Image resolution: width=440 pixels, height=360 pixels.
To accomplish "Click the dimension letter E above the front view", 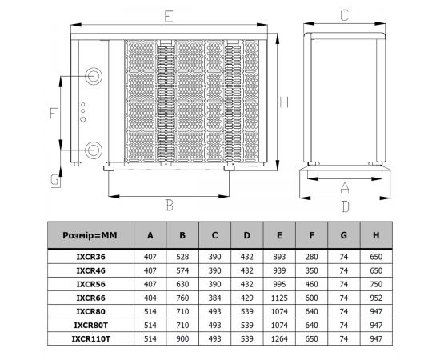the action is coord(168,17).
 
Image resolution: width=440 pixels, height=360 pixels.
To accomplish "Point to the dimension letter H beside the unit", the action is coord(284,102).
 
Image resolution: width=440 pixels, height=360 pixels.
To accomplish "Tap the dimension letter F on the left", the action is coord(54,114).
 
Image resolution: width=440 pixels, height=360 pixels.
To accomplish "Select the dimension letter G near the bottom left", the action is coord(55,180).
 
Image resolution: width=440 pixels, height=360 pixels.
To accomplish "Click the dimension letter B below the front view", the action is coord(170,205).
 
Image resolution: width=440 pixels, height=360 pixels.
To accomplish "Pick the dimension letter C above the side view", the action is coord(344,15).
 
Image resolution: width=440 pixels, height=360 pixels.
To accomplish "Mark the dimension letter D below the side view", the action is coord(346,206).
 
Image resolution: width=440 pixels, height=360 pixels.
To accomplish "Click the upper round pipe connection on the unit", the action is coord(94,76).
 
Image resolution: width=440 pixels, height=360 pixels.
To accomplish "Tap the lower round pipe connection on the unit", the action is coord(94,150).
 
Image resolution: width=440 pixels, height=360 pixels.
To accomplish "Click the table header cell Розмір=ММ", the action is coord(90,235).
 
